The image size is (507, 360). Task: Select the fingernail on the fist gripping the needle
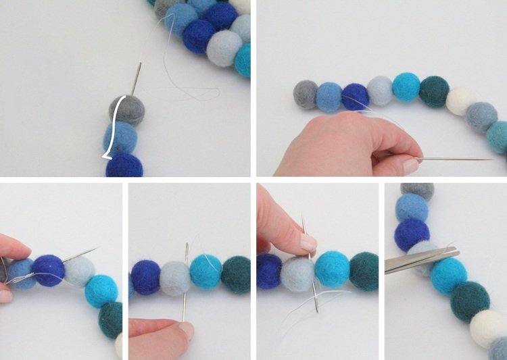[411, 165]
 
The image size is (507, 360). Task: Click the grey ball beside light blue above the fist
[306, 95]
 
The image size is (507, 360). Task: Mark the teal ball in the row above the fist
[434, 91]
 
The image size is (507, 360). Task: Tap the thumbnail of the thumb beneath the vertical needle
[186, 330]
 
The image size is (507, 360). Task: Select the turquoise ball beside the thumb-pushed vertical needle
[206, 272]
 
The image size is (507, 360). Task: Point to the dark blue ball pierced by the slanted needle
[49, 270]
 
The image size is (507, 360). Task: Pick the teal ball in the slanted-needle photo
[110, 318]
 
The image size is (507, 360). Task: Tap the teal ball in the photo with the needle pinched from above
[363, 272]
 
